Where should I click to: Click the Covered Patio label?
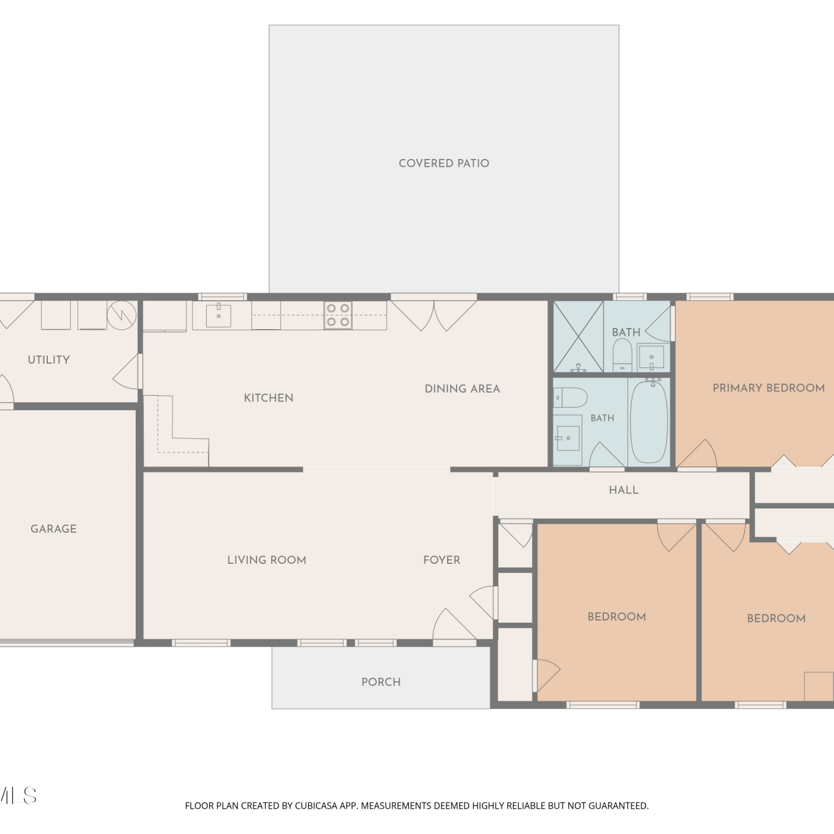point(444,163)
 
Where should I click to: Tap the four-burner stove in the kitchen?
point(338,315)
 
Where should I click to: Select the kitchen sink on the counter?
point(219,315)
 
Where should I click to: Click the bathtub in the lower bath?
point(649,421)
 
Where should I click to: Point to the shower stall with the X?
point(578,337)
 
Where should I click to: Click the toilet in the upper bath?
point(622,355)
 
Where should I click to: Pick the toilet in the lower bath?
point(570,398)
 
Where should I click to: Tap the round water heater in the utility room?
point(122,315)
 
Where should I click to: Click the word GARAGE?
point(54,529)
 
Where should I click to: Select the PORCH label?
point(381,682)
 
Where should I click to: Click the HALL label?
point(624,490)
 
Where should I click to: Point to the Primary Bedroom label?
point(769,388)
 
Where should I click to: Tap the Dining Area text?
point(463,389)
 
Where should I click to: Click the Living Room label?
point(267,560)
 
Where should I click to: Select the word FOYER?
point(442,560)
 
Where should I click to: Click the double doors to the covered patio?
point(434,315)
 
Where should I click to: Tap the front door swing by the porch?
point(454,625)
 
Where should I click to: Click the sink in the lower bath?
point(567,438)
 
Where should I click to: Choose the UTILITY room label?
point(49,360)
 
